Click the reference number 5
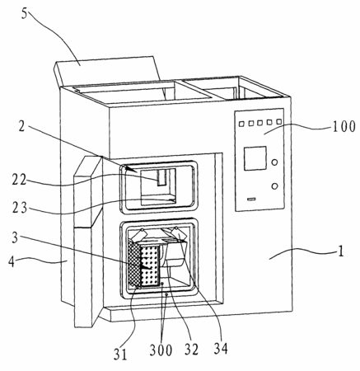click(25, 14)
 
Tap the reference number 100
click(344, 127)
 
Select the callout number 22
click(19, 181)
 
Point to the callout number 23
click(20, 208)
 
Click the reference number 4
click(12, 261)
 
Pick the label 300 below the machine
click(161, 350)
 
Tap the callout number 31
click(120, 355)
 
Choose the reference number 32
click(191, 350)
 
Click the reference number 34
click(221, 349)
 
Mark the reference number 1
click(340, 251)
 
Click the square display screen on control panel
click(255, 158)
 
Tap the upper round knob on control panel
click(274, 162)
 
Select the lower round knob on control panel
click(274, 186)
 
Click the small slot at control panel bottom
click(251, 199)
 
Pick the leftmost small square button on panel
click(241, 124)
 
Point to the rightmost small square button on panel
click(279, 121)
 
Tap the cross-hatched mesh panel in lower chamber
click(133, 263)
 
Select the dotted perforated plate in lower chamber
click(150, 265)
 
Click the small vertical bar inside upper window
click(161, 178)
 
